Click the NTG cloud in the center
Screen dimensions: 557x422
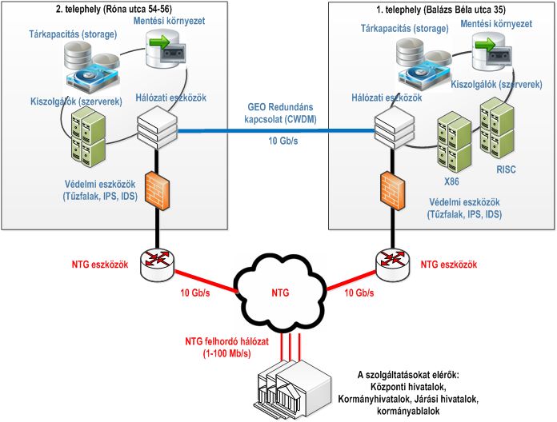point(279,293)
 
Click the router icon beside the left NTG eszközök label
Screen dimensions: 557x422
point(157,265)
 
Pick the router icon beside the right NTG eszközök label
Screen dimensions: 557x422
point(392,265)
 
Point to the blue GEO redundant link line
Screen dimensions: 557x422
point(276,131)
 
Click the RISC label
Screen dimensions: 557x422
point(506,169)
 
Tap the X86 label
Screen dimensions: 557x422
point(451,181)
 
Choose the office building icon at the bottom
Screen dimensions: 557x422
point(293,389)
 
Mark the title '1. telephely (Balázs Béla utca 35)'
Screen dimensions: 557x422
point(441,10)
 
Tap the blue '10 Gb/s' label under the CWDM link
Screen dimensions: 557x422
point(283,141)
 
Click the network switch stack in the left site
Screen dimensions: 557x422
point(157,128)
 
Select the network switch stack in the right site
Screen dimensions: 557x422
point(395,128)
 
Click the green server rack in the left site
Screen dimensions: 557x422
point(88,137)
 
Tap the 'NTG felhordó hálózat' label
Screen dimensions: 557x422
point(227,342)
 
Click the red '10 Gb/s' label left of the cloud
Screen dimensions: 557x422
point(195,293)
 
